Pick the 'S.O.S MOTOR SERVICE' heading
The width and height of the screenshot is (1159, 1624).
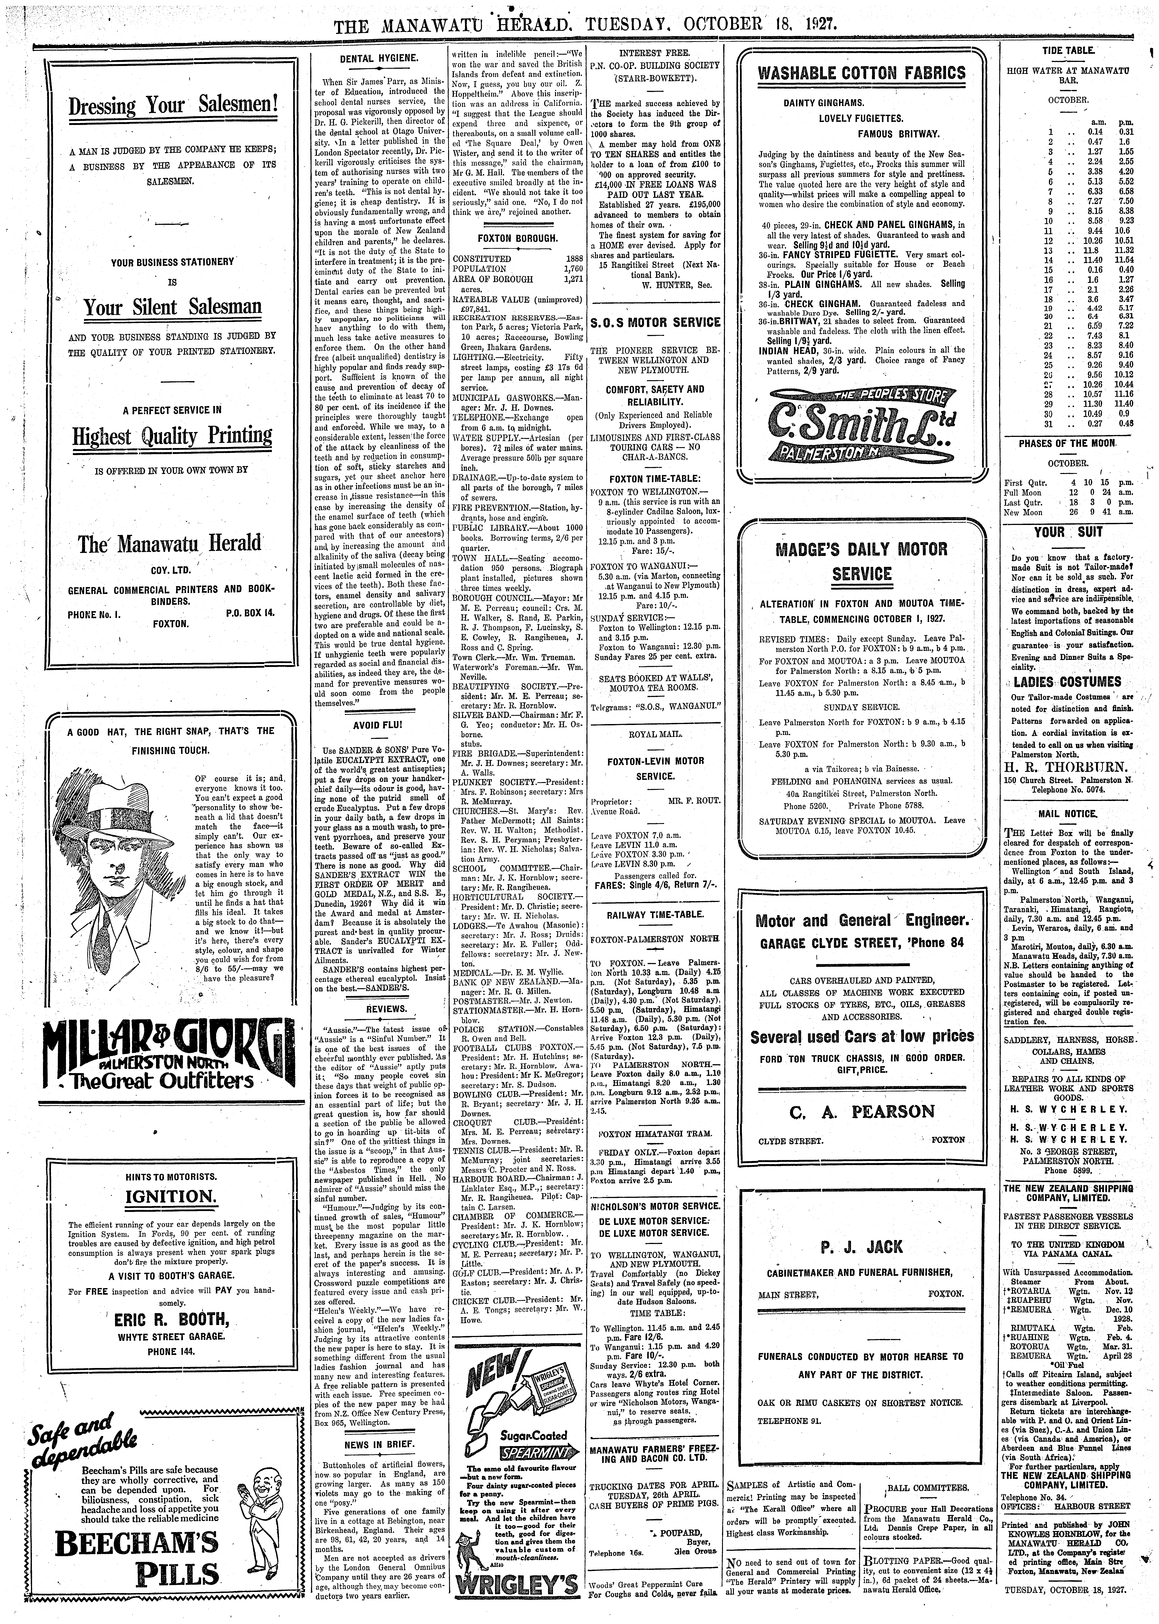[x=655, y=323]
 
